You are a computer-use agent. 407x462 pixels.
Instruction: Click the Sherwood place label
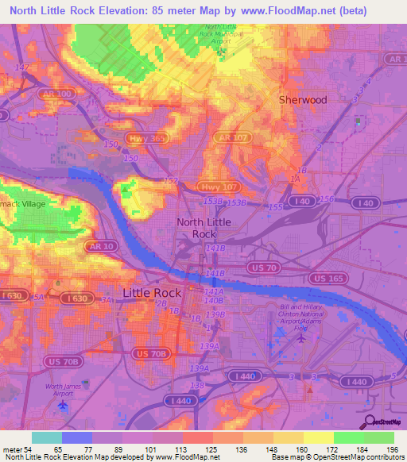point(302,100)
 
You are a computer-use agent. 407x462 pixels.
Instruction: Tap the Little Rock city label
point(152,293)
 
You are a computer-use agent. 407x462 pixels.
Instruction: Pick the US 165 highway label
point(328,278)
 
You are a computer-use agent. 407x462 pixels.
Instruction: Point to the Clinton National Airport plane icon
point(301,339)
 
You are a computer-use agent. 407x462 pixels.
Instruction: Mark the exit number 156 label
point(325,198)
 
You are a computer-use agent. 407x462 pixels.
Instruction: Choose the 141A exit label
point(213,292)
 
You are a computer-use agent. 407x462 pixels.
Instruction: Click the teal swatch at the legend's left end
point(47,437)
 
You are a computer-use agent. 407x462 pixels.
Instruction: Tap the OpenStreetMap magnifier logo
point(369,421)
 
